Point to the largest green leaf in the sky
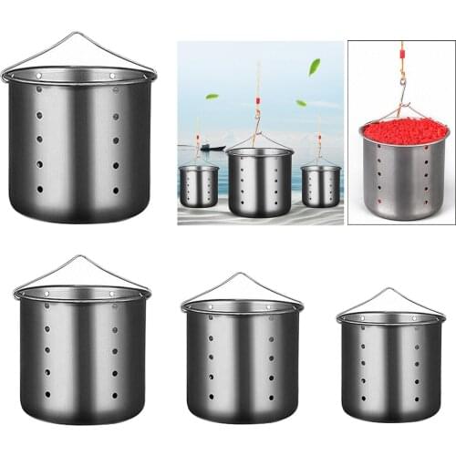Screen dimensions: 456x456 [x=315, y=67]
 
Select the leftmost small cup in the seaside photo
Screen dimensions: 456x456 [x=198, y=187]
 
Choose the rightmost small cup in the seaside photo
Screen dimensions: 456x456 [x=320, y=186]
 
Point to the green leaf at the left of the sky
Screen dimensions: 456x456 [x=212, y=96]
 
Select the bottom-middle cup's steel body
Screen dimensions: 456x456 [x=242, y=365]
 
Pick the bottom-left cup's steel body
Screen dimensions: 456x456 [x=81, y=357]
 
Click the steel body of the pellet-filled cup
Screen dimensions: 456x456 [x=405, y=178]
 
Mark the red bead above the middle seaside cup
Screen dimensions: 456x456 [x=258, y=99]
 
